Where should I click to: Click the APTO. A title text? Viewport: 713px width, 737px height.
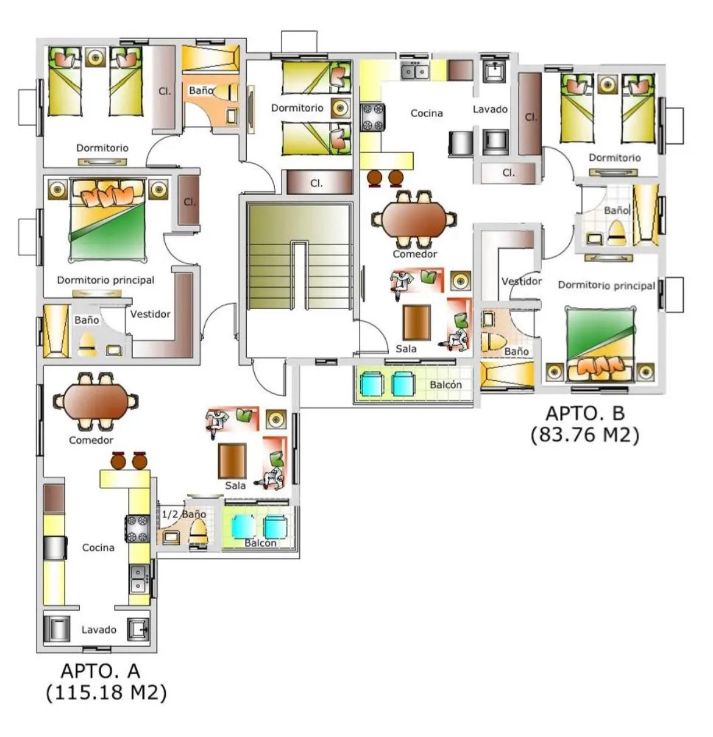(101, 671)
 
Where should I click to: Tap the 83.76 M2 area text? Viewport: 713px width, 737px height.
(584, 435)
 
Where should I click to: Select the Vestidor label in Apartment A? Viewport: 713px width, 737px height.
(150, 314)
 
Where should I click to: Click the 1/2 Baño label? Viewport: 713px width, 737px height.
(183, 514)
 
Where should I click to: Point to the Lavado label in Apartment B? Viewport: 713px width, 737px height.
(490, 110)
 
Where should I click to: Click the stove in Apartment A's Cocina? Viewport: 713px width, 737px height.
(138, 529)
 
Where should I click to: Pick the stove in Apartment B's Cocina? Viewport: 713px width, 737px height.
(373, 118)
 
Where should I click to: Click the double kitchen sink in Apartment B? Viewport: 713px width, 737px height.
(416, 71)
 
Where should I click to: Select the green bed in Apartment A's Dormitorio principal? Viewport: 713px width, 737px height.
(108, 221)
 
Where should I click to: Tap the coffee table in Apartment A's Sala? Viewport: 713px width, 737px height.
(232, 461)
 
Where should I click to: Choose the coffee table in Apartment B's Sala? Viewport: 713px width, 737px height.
(416, 322)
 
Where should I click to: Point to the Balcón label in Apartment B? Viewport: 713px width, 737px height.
(445, 385)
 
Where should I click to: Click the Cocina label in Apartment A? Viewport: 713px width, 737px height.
(98, 547)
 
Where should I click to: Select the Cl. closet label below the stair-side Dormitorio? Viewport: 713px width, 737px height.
(316, 183)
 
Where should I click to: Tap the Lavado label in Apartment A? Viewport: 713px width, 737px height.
(99, 630)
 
